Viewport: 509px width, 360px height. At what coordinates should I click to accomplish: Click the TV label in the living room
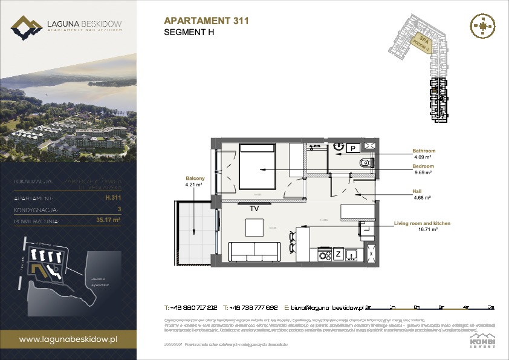point(254,208)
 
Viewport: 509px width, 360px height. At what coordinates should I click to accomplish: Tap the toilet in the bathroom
point(365,163)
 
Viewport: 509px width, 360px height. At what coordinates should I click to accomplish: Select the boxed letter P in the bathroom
point(352,148)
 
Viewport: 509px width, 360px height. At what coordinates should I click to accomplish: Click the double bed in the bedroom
point(258,167)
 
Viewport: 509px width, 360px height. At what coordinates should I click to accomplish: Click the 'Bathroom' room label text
point(423,151)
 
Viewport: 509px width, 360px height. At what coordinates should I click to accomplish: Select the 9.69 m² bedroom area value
point(422,172)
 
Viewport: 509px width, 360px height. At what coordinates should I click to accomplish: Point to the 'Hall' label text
point(418,191)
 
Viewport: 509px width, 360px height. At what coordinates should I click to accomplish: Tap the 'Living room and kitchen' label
point(422,223)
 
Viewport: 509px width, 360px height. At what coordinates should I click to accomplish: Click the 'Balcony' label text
point(195,178)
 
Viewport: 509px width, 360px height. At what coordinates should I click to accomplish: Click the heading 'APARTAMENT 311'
point(206,21)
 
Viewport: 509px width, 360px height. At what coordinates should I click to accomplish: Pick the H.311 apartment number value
point(111,197)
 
